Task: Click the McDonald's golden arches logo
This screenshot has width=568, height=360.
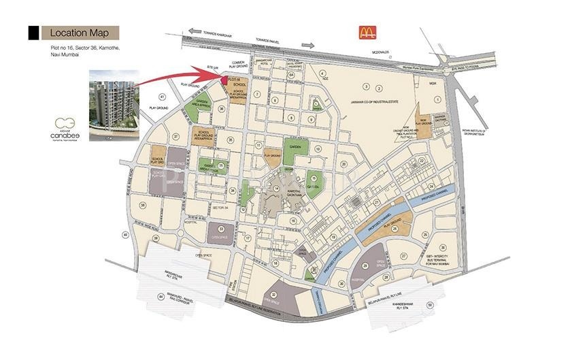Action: [x=367, y=32]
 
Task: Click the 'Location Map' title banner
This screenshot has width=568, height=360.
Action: [x=80, y=32]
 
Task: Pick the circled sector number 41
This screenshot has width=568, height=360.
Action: [x=162, y=96]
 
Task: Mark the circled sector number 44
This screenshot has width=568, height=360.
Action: [x=161, y=297]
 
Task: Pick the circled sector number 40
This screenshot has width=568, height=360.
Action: [x=126, y=235]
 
